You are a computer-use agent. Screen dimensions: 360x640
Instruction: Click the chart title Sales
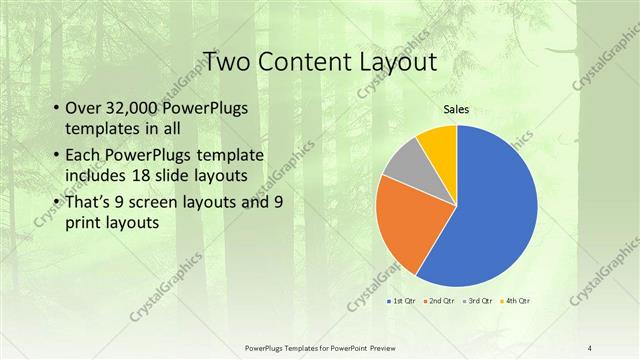coord(456,109)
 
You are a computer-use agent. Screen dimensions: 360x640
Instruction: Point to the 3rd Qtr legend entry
coord(477,301)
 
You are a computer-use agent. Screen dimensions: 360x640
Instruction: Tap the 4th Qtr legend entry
coord(515,301)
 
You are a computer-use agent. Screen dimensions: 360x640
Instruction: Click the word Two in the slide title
coord(228,62)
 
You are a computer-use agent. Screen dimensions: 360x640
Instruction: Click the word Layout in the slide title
coord(396,62)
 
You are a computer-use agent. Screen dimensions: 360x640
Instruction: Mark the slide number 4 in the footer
coord(590,347)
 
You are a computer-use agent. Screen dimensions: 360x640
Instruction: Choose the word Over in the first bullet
coord(82,109)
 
